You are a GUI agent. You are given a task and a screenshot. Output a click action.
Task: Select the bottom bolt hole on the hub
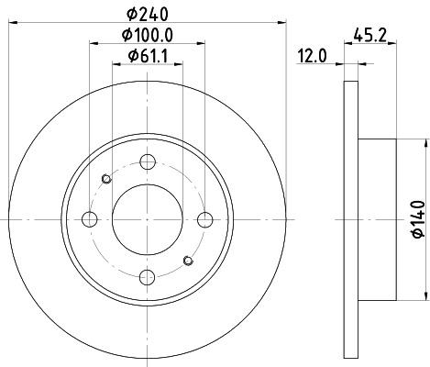point(147,276)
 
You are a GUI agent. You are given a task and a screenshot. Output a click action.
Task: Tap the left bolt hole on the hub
point(89,218)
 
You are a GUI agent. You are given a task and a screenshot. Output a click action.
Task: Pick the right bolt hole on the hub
point(204,218)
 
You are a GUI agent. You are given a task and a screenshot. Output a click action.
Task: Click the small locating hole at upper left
point(106,178)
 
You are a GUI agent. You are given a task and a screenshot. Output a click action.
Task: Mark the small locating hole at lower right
point(188,260)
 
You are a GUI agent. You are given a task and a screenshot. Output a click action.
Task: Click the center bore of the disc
point(147,218)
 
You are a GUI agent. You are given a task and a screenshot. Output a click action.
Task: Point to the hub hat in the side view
point(377,218)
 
